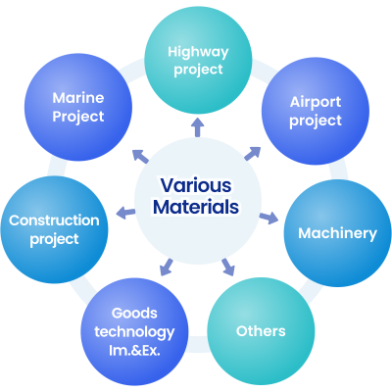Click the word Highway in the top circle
(198, 52)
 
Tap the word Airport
(316, 102)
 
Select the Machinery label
(337, 234)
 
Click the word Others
(261, 331)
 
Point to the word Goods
(134, 313)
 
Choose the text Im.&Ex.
(134, 350)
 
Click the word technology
(134, 332)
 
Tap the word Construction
(54, 220)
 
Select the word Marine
(78, 98)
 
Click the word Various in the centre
(196, 185)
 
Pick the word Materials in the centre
(196, 207)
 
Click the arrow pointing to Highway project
(198, 126)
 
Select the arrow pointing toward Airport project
(253, 154)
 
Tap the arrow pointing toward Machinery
(269, 218)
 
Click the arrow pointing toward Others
(228, 267)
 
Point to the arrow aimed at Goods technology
(167, 267)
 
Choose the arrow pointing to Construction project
(125, 213)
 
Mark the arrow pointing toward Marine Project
(141, 156)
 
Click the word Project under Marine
(78, 117)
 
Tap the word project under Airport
(316, 122)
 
